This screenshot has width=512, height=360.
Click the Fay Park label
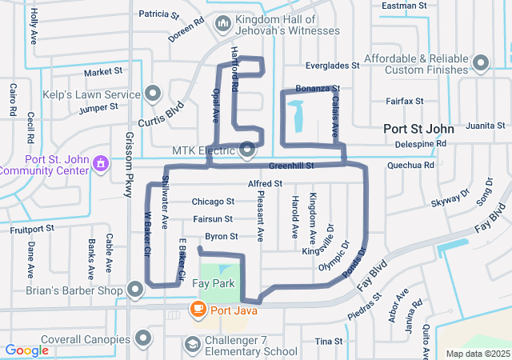coord(214,284)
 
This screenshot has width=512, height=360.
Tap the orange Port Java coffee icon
coord(196,309)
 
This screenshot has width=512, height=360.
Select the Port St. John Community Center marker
coord(101,164)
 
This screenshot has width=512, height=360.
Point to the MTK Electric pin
coord(247,150)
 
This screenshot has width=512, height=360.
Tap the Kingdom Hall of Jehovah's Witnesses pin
coord(223,24)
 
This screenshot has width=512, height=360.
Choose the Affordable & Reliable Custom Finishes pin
coord(481,62)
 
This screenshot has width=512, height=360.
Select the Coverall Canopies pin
coord(144,338)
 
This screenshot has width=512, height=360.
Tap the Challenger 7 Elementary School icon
coord(192,344)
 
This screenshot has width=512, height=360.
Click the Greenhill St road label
coord(290,166)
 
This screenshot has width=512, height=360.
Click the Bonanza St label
coord(318,88)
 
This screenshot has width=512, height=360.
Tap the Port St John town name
coord(418,128)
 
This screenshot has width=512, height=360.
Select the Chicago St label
coord(213,202)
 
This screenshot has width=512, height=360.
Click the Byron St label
coord(222,237)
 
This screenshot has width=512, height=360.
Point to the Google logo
coord(26,350)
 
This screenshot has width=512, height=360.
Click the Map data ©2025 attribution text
coord(477,354)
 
